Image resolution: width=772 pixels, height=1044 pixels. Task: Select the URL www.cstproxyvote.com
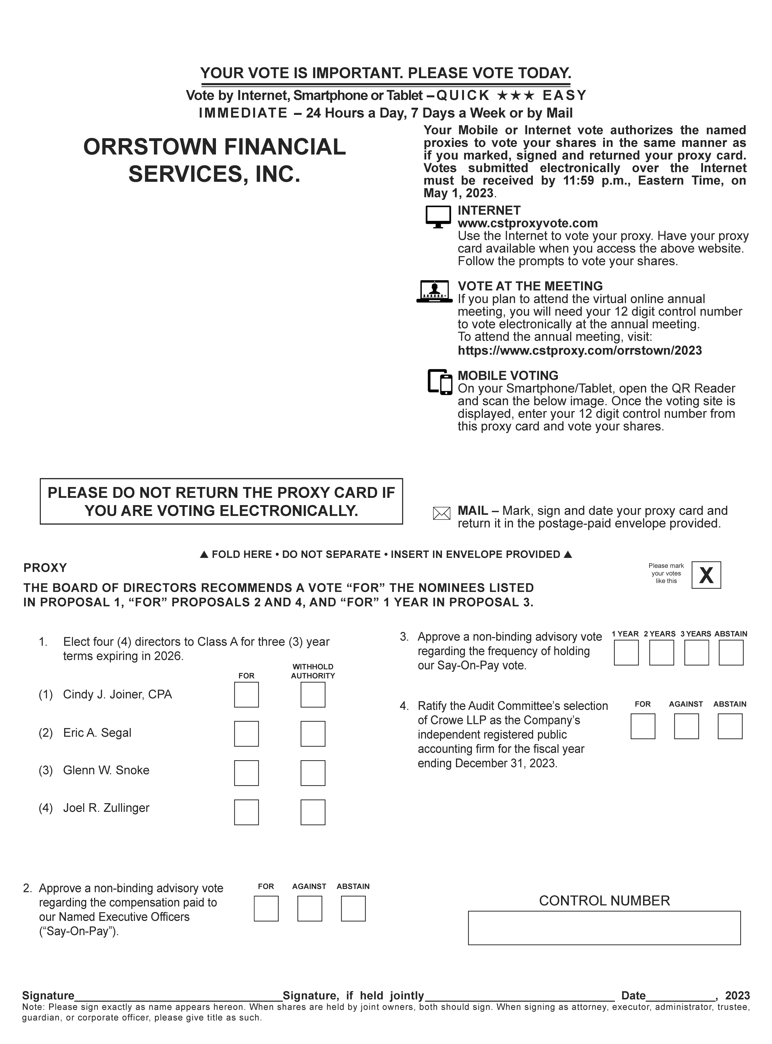528,223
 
